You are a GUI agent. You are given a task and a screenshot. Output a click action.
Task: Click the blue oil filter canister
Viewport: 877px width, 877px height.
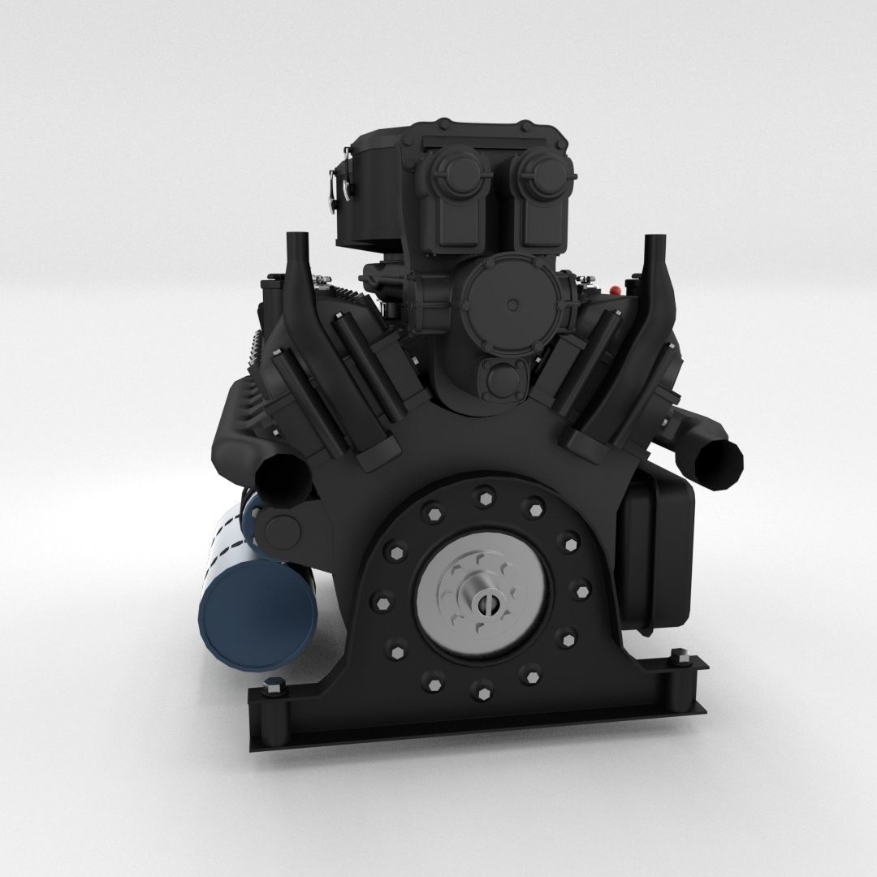[257, 605]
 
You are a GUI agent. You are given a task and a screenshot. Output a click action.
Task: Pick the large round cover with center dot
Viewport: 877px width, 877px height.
[512, 305]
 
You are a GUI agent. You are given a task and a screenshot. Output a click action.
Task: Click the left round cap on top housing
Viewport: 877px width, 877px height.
[455, 171]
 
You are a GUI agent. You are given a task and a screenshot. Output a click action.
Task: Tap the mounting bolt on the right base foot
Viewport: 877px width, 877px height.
[679, 659]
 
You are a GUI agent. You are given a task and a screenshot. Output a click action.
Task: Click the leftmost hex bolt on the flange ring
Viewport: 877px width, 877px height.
[382, 603]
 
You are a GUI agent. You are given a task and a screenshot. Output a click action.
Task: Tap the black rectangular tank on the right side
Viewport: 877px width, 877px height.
[656, 552]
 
